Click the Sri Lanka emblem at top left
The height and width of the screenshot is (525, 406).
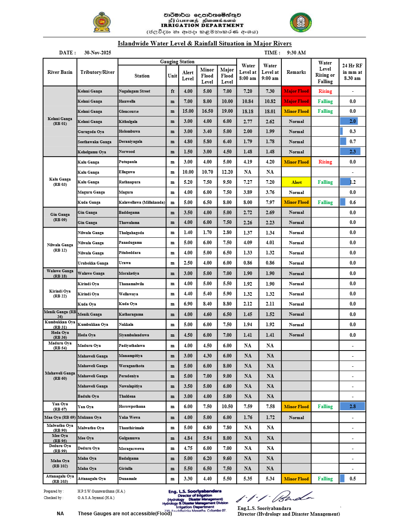[101, 22]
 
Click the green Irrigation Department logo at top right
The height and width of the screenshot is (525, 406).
[300, 22]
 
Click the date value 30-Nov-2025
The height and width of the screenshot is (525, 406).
[97, 53]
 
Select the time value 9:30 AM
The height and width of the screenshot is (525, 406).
[296, 53]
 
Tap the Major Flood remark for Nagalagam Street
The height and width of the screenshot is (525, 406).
[296, 91]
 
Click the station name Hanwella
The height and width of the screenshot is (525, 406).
[127, 101]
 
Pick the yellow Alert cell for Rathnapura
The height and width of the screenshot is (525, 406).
[296, 182]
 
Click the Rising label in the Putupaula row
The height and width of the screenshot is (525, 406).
[325, 162]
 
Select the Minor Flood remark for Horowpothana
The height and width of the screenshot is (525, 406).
[296, 407]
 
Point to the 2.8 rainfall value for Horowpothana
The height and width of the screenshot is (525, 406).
[352, 407]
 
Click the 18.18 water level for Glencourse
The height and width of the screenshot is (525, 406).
[248, 112]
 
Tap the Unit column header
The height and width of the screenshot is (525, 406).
[173, 76]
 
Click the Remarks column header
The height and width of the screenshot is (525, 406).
[296, 72]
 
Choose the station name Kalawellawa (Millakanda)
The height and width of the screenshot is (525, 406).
[142, 202]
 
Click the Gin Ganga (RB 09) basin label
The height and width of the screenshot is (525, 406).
[60, 217]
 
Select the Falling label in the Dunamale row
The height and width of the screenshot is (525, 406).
[325, 479]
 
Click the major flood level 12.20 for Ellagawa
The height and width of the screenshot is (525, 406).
[227, 172]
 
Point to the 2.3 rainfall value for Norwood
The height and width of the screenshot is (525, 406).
[352, 152]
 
